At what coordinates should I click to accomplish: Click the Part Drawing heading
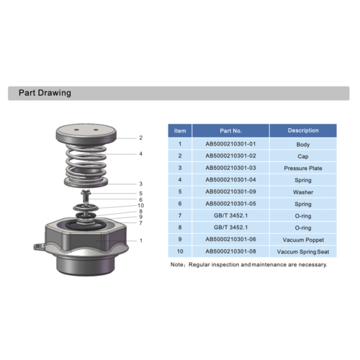(x=44, y=94)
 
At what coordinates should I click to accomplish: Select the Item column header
(x=180, y=131)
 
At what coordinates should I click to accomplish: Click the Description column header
(x=303, y=131)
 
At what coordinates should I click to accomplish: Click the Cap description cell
(x=303, y=156)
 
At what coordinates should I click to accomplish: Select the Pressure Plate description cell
(x=303, y=168)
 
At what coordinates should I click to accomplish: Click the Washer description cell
(x=303, y=192)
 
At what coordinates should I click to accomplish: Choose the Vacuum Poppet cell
(x=303, y=239)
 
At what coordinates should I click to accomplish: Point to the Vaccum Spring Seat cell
(x=303, y=251)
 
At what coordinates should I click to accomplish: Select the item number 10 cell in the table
(x=180, y=251)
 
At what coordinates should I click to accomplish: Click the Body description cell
(x=303, y=144)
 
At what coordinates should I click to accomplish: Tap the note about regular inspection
(x=248, y=265)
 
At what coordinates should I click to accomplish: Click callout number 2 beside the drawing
(x=140, y=138)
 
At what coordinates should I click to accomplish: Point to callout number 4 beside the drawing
(x=140, y=153)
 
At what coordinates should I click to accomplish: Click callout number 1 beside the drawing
(x=140, y=240)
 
